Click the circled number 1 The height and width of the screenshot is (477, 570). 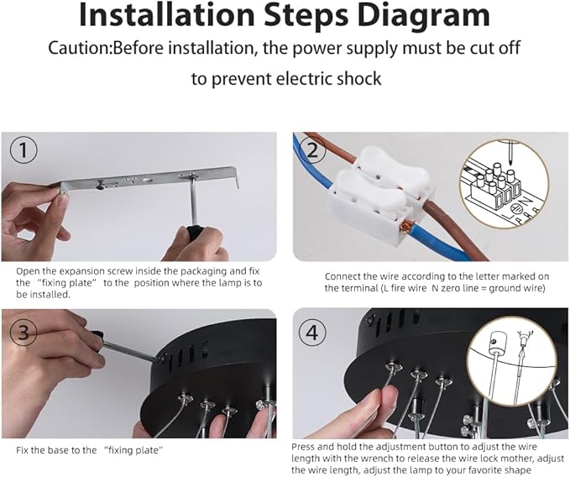pos(24,149)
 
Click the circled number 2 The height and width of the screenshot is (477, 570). pos(312,149)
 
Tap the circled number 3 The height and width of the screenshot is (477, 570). pos(24,332)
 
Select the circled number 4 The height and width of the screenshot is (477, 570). pos(312,332)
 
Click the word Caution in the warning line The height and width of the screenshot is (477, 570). pos(79,48)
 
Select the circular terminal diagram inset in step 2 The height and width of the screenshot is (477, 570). pos(505,184)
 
